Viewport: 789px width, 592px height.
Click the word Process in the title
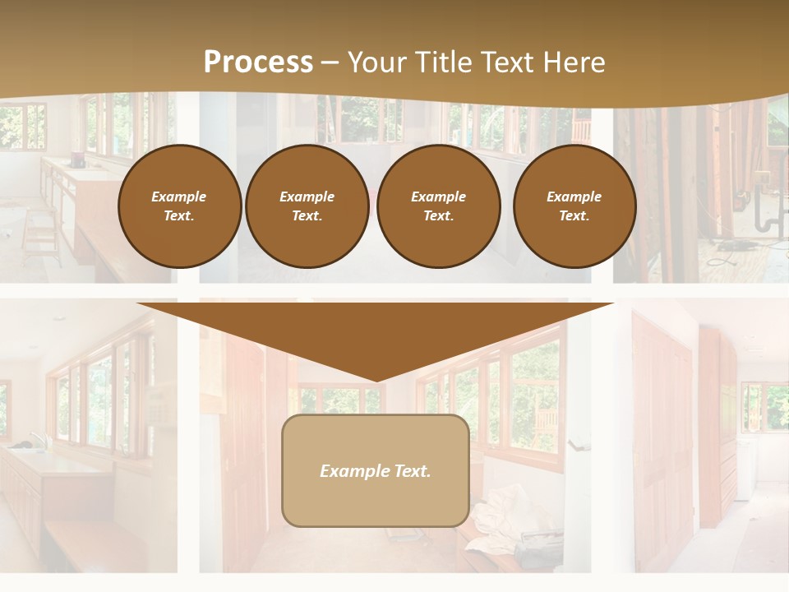click(258, 62)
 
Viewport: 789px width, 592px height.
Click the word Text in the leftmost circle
click(178, 216)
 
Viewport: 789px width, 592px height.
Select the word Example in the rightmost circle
click(574, 197)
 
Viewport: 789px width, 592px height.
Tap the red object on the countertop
click(78, 160)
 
